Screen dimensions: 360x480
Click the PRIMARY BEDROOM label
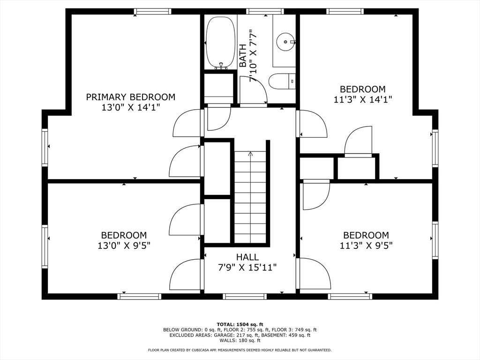pyautogui.click(x=130, y=97)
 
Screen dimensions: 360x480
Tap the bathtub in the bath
pyautogui.click(x=220, y=42)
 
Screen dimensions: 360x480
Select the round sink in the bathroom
pyautogui.click(x=284, y=42)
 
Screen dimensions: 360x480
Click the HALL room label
pyautogui.click(x=247, y=257)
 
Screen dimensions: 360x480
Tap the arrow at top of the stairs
pyautogui.click(x=250, y=153)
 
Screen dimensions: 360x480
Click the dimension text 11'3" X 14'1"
pyautogui.click(x=363, y=99)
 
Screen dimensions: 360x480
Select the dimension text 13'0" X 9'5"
pyautogui.click(x=124, y=245)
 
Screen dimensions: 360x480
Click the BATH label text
pyautogui.click(x=243, y=55)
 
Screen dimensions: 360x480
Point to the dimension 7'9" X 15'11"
pyautogui.click(x=247, y=268)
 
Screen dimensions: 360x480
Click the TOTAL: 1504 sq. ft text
pyautogui.click(x=240, y=324)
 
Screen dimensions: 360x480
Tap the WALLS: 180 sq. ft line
pyautogui.click(x=240, y=341)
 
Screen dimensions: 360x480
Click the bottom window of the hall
pyautogui.click(x=245, y=296)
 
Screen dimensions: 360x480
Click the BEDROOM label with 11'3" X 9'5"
pyautogui.click(x=366, y=235)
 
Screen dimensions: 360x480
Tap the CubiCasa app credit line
pyautogui.click(x=240, y=350)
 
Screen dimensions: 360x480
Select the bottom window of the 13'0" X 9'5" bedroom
pyautogui.click(x=139, y=296)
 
